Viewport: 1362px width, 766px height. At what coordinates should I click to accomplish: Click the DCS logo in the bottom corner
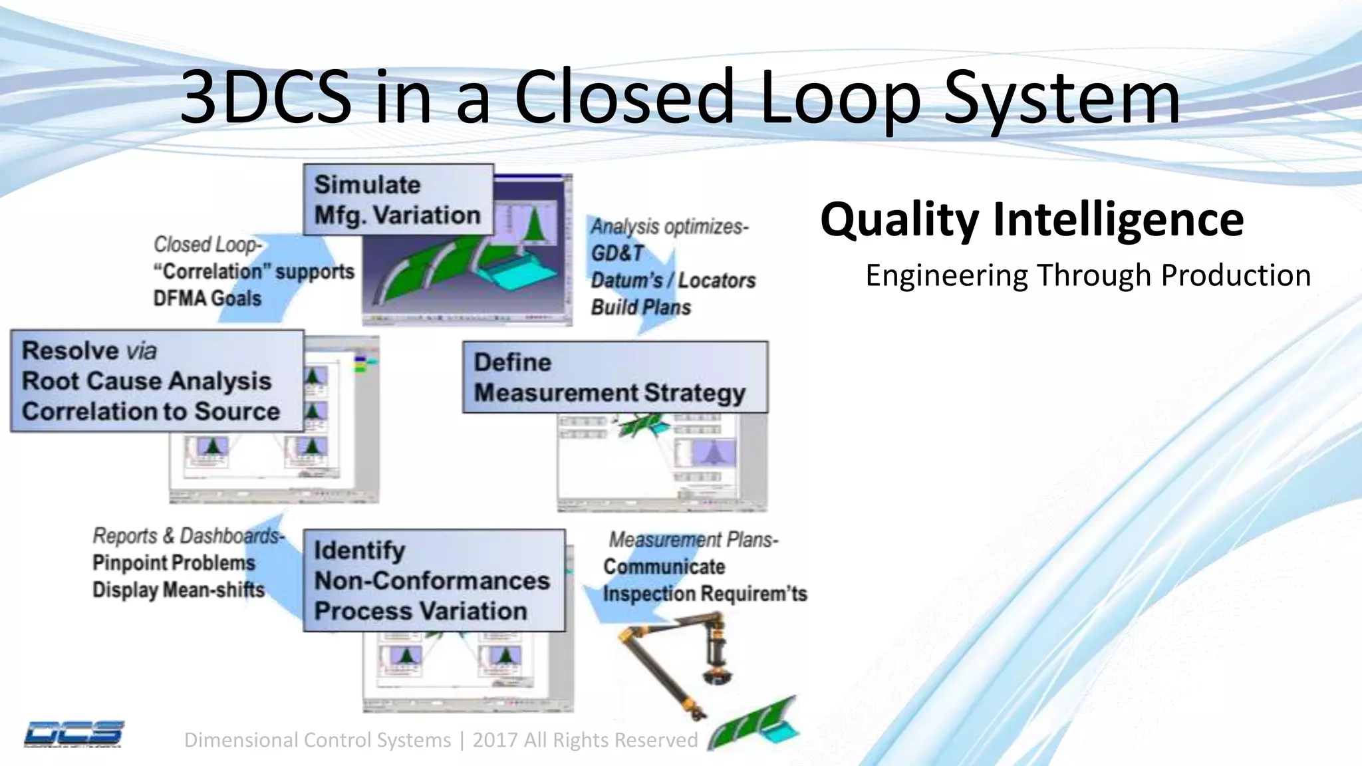tap(74, 734)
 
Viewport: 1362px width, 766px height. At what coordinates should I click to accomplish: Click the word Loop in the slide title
tap(840, 98)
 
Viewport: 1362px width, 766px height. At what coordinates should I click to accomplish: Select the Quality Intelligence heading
tap(1031, 219)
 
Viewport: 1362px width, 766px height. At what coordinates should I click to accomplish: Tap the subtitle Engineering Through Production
tap(1087, 275)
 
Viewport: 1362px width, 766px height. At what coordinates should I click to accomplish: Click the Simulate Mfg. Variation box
tap(398, 200)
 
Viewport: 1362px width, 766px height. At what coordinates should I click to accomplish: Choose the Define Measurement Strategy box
tap(614, 378)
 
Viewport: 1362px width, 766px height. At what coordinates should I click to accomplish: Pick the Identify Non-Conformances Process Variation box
tap(433, 580)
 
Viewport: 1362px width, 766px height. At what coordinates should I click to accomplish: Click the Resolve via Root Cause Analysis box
tap(156, 381)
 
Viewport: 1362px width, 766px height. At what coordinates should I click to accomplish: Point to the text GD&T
tap(618, 253)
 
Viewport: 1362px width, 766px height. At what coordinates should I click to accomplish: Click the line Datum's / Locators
tap(673, 281)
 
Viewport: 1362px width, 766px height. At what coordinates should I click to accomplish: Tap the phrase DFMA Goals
tap(207, 299)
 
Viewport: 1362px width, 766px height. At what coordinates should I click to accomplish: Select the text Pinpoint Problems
tap(174, 563)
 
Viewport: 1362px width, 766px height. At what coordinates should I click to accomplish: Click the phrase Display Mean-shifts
tap(178, 590)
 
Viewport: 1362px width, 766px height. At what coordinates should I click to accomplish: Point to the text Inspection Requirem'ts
tap(704, 594)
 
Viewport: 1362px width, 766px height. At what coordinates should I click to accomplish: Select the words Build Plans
tap(640, 308)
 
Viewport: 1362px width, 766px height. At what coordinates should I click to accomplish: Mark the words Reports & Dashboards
tap(188, 536)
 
